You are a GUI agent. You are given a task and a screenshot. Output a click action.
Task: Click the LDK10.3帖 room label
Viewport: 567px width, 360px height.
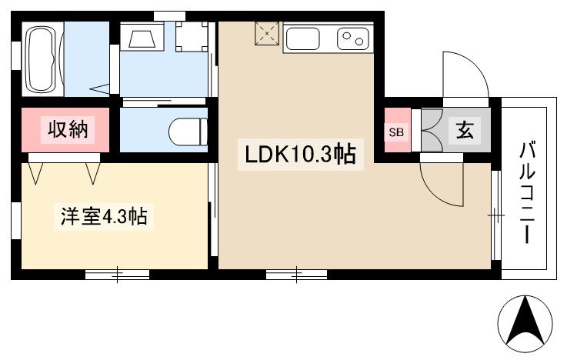point(299,155)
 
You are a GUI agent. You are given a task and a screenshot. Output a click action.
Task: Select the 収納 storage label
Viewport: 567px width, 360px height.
point(69,130)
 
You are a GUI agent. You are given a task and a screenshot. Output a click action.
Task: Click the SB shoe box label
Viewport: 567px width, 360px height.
point(396,132)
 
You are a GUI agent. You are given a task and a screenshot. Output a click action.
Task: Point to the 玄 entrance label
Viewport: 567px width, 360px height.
point(465,130)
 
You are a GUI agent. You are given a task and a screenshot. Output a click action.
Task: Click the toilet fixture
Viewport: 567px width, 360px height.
point(187,130)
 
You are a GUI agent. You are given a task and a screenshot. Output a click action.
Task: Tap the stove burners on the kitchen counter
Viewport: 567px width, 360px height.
point(355,37)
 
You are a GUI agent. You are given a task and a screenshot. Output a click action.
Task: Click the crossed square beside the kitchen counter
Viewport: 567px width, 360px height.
point(267,35)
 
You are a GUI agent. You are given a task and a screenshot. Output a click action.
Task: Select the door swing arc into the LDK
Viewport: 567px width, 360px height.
point(442,182)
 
